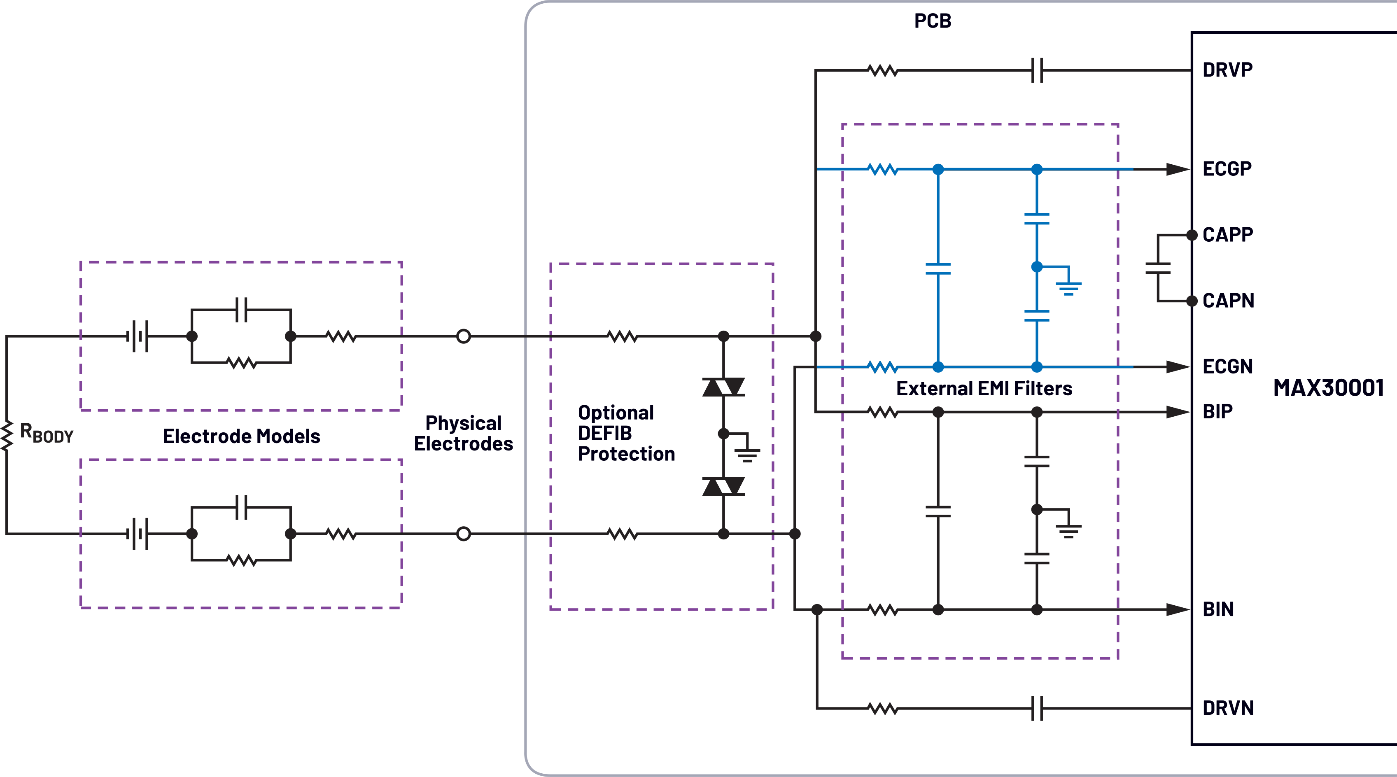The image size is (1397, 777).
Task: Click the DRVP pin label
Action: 1227,70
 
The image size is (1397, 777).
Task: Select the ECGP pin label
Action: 1227,169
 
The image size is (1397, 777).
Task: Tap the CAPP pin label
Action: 1228,235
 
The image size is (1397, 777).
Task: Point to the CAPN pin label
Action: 1228,301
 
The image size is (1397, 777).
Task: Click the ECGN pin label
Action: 1227,366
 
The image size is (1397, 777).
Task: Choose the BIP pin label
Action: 1217,411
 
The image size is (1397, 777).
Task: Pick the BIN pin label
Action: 1218,609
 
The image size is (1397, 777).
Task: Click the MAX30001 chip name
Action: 1328,388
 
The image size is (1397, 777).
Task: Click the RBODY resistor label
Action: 46,433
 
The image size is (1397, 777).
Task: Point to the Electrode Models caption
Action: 241,436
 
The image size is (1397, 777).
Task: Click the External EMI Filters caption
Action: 984,389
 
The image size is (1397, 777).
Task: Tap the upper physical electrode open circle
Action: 463,336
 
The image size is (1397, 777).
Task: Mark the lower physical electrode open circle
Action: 463,534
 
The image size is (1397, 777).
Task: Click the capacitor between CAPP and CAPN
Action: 1157,268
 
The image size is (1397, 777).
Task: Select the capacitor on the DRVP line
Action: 1036,70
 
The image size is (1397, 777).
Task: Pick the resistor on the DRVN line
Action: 883,708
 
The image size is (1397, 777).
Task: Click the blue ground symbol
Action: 1068,287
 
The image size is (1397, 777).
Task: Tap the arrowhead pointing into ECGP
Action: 1177,169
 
